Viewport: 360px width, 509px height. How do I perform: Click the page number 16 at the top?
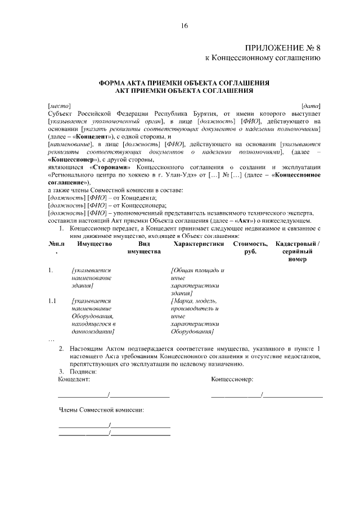184,26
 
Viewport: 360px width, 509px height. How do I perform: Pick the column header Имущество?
94,244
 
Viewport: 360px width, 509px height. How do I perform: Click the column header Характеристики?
199,244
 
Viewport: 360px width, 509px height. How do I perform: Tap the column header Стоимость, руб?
250,248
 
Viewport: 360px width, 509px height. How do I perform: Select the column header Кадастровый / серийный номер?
297,252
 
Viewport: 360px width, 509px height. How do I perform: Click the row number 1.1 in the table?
53,301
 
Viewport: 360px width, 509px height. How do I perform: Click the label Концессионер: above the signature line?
232,379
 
